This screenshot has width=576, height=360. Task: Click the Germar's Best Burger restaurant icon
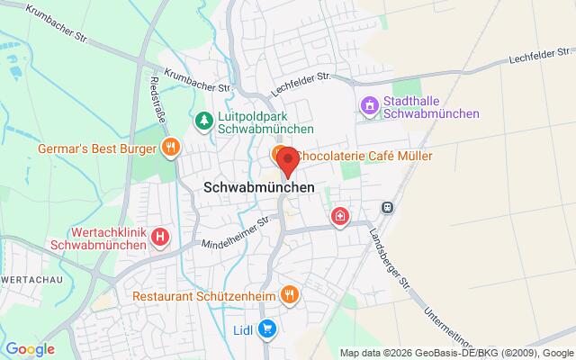[169, 148]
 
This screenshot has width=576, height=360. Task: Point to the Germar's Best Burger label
[97, 148]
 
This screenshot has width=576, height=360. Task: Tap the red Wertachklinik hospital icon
[160, 237]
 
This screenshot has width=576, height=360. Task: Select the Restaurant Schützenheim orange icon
[289, 294]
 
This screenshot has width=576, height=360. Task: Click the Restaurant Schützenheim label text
[203, 295]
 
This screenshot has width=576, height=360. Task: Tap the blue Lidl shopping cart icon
[266, 329]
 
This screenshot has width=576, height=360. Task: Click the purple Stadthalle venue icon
[367, 107]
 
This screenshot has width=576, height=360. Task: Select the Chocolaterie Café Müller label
[364, 156]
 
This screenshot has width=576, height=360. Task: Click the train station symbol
[387, 206]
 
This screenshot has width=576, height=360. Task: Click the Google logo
[30, 348]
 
